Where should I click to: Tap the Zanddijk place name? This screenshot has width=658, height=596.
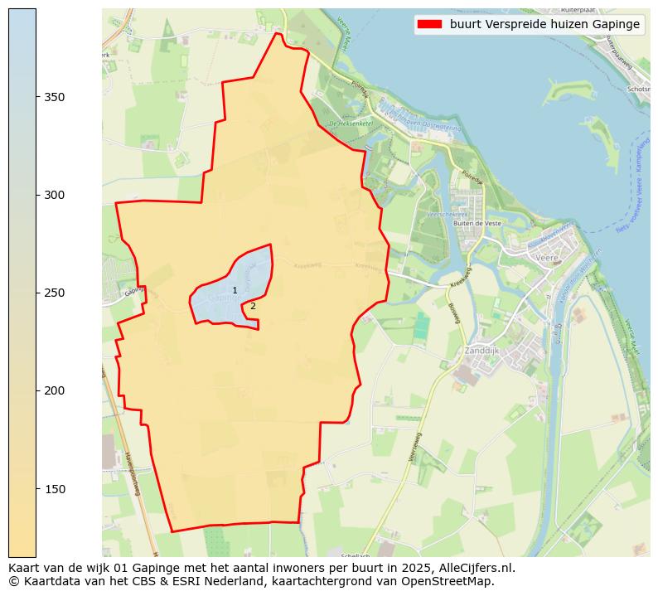pyautogui.click(x=489, y=350)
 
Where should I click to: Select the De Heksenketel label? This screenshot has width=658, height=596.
pyautogui.click(x=351, y=124)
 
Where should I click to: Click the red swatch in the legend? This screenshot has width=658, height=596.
pyautogui.click(x=429, y=24)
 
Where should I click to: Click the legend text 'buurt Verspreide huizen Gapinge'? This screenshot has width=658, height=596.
pyautogui.click(x=544, y=24)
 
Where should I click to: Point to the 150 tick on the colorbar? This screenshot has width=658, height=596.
pyautogui.click(x=54, y=488)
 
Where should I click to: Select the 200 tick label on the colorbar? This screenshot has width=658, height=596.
pyautogui.click(x=54, y=390)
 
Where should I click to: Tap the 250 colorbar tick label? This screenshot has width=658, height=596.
pyautogui.click(x=54, y=293)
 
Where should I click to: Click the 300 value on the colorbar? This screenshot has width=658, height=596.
pyautogui.click(x=54, y=195)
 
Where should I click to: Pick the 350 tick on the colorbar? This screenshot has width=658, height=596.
pyautogui.click(x=54, y=97)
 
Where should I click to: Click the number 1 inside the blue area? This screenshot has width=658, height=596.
pyautogui.click(x=235, y=290)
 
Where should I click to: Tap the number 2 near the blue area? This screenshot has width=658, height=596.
pyautogui.click(x=253, y=306)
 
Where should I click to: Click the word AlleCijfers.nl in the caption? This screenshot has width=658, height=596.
pyautogui.click(x=477, y=568)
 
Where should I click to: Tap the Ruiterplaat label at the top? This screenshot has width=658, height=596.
pyautogui.click(x=578, y=10)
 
